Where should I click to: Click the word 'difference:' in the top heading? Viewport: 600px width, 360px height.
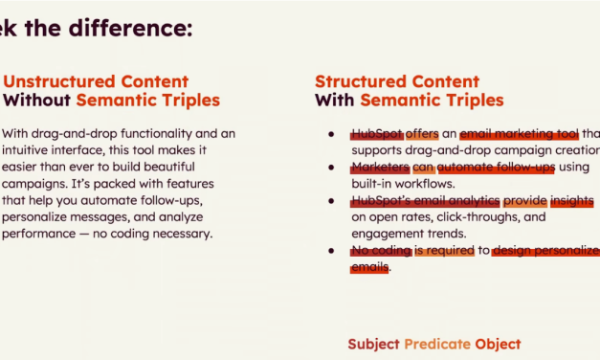129,28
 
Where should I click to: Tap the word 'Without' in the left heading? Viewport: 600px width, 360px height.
36,101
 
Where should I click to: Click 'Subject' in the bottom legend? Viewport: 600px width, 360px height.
373,344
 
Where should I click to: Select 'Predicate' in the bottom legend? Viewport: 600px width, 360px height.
436,344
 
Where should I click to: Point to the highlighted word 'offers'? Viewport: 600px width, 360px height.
421,134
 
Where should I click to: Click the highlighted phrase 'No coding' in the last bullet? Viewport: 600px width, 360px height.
381,251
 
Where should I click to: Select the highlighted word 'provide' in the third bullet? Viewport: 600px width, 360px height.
524,201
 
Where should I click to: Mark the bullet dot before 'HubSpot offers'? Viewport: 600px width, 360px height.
331,134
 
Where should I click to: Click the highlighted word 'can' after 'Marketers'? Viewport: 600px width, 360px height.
422,168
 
